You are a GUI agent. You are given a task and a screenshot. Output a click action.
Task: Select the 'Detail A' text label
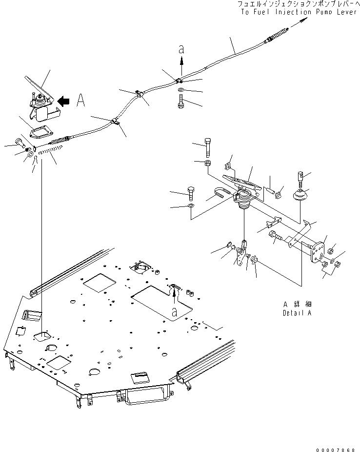pyautogui.click(x=297, y=313)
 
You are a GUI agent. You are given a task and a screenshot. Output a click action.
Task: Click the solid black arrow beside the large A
pyautogui.click(x=63, y=101)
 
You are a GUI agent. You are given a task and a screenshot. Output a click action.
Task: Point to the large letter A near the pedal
pyautogui.click(x=81, y=101)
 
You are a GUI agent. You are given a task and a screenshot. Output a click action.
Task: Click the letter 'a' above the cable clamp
pyautogui.click(x=181, y=49)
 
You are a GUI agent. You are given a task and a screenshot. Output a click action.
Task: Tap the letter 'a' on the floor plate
pyautogui.click(x=175, y=310)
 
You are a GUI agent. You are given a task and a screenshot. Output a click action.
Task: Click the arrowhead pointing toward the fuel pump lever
pyautogui.click(x=305, y=20)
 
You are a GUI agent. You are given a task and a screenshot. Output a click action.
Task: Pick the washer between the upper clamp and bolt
pyautogui.click(x=181, y=91)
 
